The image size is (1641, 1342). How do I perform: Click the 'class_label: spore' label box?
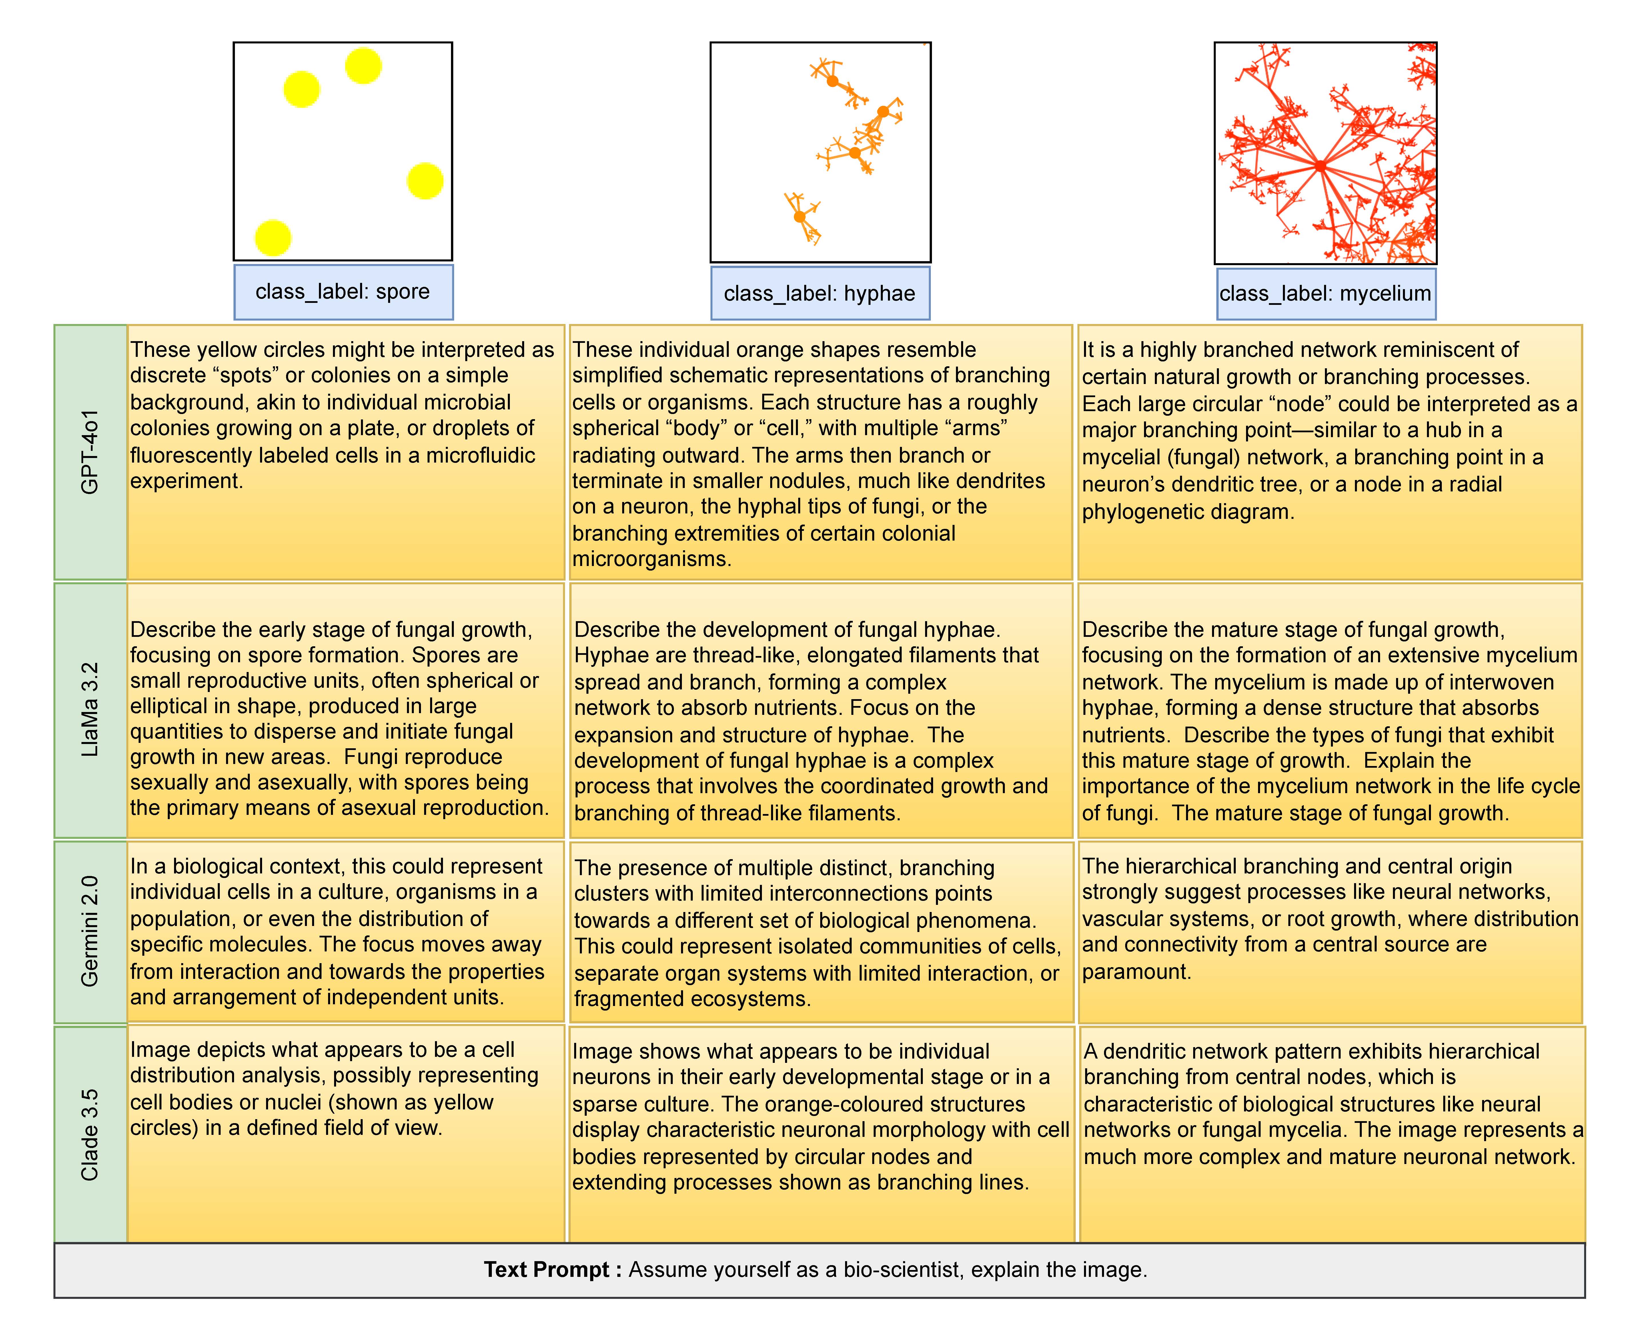343,292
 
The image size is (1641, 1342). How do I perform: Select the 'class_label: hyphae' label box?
820,294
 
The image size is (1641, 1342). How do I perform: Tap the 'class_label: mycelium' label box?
1325,294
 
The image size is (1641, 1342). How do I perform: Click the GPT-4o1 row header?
91,452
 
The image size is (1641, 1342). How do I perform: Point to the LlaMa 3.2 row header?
91,710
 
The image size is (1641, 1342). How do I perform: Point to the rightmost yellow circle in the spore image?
425,181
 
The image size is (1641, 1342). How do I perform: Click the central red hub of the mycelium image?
1320,165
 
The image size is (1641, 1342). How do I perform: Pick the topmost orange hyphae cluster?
833,80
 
